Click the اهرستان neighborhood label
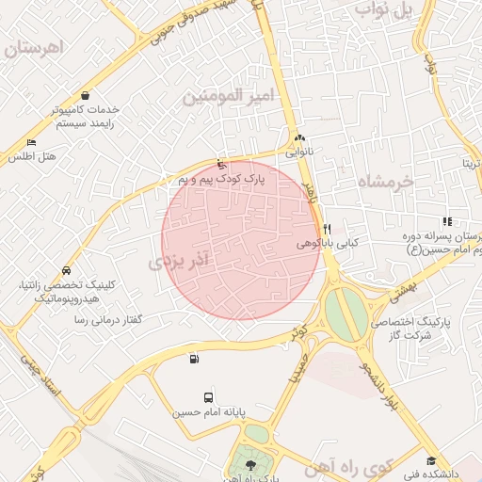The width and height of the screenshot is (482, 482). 37,47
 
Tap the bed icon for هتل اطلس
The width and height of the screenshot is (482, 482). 31,143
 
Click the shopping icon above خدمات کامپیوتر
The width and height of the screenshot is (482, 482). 87,95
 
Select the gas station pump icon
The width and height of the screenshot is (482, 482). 194,358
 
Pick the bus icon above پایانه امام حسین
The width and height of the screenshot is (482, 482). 207,397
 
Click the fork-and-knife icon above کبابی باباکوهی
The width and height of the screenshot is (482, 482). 326,229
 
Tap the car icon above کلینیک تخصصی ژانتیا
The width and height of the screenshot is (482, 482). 65,270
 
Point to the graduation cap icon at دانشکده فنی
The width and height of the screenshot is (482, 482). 431,461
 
